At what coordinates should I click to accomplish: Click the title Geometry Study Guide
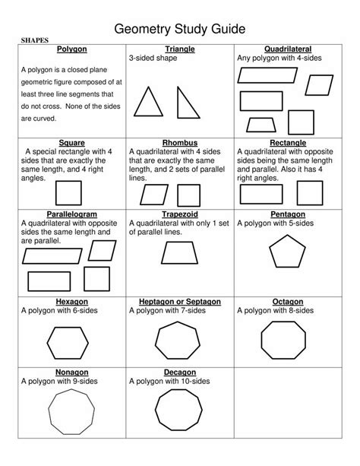pyautogui.click(x=180, y=30)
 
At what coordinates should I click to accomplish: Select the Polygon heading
pyautogui.click(x=72, y=49)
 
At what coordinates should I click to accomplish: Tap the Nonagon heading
pyautogui.click(x=72, y=373)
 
